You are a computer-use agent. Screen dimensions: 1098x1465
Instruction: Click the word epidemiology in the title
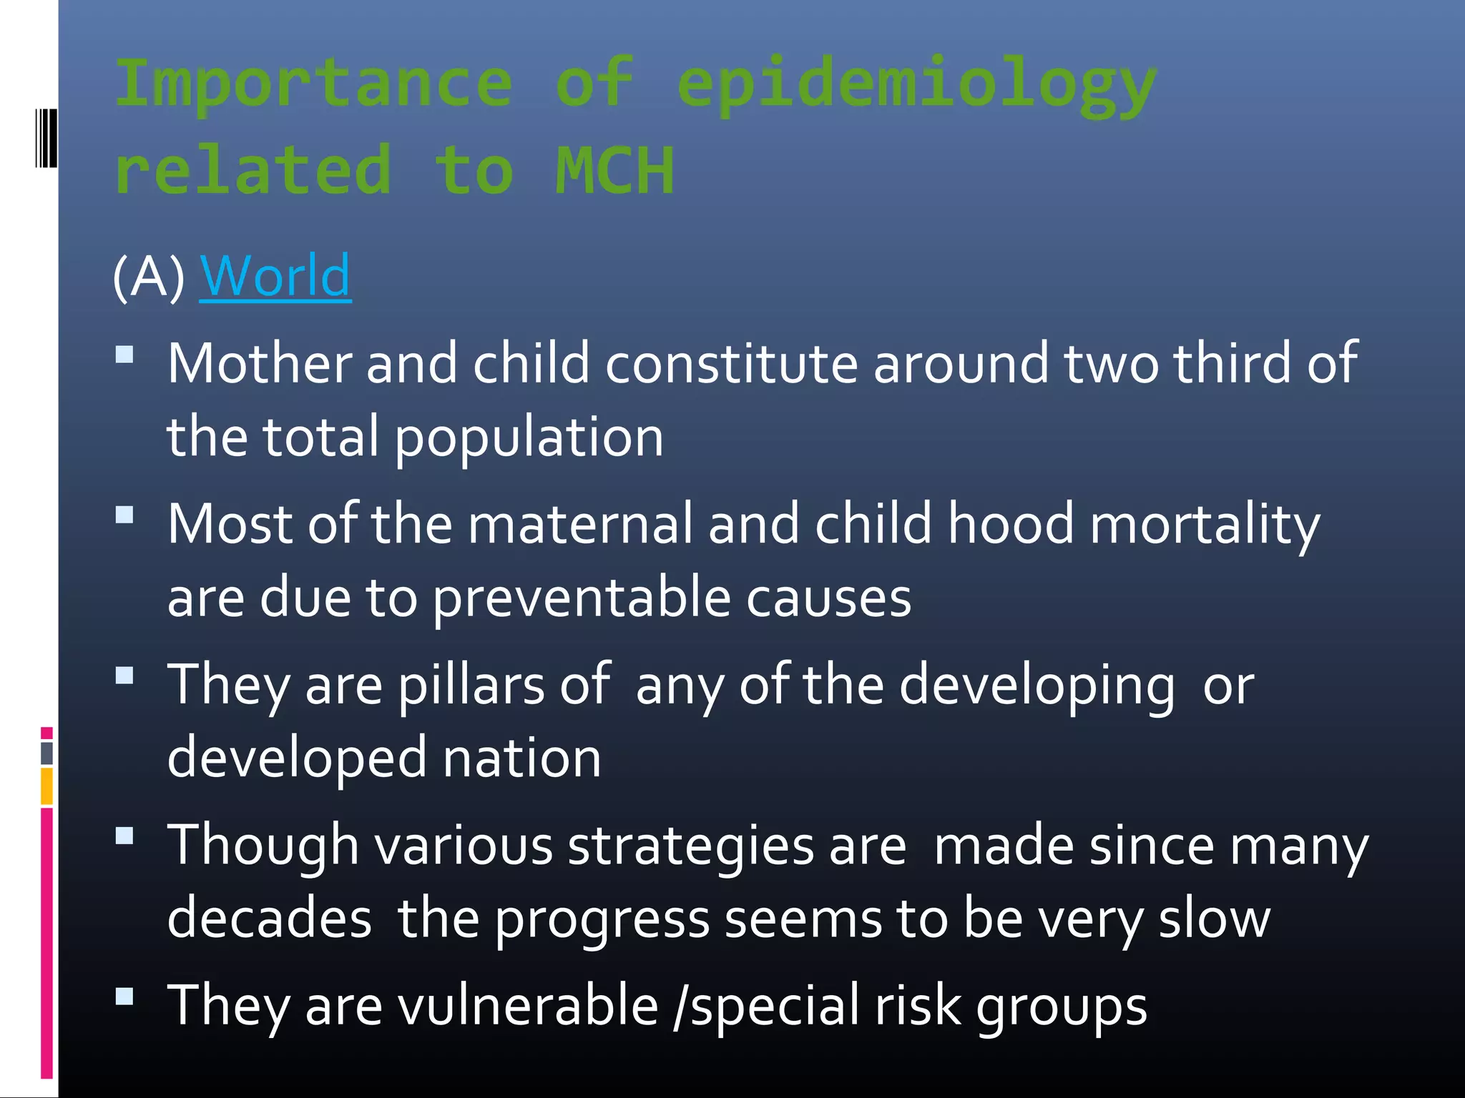coord(916,86)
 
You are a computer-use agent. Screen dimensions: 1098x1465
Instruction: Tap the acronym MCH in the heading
coord(615,171)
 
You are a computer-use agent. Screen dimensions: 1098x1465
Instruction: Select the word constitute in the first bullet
coord(731,363)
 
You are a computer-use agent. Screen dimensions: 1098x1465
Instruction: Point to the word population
coord(529,437)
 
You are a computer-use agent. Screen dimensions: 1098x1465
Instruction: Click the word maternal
coord(580,523)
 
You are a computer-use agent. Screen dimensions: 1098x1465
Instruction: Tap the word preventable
coord(582,598)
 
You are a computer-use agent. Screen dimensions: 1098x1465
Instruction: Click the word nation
coord(521,758)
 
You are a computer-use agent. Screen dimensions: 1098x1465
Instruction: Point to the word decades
coord(269,918)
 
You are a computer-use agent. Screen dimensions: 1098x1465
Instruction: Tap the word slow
coord(1214,918)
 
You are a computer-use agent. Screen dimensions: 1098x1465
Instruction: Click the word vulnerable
coord(527,1005)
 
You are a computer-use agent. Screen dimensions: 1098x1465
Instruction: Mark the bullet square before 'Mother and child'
coord(124,355)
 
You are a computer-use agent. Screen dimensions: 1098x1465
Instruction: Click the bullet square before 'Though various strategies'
coord(124,836)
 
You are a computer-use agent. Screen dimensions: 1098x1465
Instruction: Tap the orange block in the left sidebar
coord(46,786)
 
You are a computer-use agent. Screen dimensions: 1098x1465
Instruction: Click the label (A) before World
coord(149,277)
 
